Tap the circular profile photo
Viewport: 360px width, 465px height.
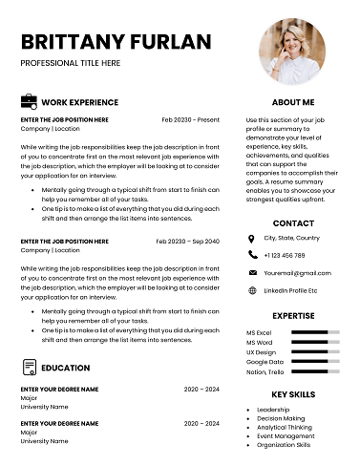[x=293, y=51]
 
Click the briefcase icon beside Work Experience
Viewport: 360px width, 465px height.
[x=29, y=101]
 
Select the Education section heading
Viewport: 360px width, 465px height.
[x=66, y=368]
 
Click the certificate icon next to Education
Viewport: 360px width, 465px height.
[x=29, y=368]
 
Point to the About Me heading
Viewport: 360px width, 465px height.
[x=293, y=101]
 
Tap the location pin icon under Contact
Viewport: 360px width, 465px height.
[x=252, y=238]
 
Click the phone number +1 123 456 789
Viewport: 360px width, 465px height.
[x=285, y=255]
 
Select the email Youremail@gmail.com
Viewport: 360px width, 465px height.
[x=297, y=273]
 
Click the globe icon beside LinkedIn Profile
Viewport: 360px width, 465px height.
[x=252, y=290]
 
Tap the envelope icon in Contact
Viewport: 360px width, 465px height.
[x=252, y=273]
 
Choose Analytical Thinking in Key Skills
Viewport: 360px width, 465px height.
[x=286, y=427]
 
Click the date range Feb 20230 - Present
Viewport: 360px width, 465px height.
[x=190, y=119]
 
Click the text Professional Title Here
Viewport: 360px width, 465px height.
[x=71, y=62]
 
